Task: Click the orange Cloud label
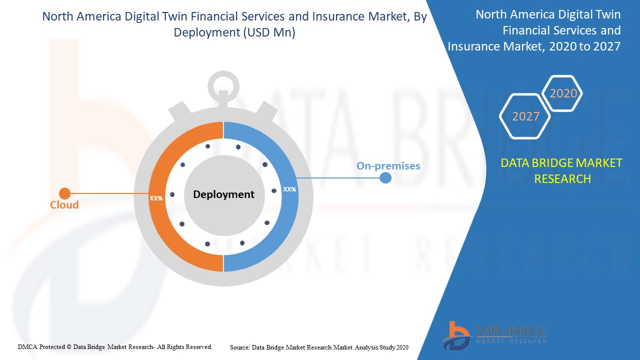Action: (64, 204)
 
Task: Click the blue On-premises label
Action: (388, 166)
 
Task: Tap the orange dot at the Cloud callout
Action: (65, 193)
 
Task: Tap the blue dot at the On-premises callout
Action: (385, 178)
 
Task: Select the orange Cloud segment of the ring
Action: (156, 197)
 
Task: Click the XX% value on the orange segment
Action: (156, 198)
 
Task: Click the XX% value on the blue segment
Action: (289, 189)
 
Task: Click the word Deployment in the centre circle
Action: (223, 194)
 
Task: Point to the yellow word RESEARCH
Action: (562, 179)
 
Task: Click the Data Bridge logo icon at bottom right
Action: (456, 336)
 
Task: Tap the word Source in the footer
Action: (240, 347)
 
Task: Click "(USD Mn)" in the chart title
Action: (269, 32)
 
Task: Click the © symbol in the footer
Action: (69, 347)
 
